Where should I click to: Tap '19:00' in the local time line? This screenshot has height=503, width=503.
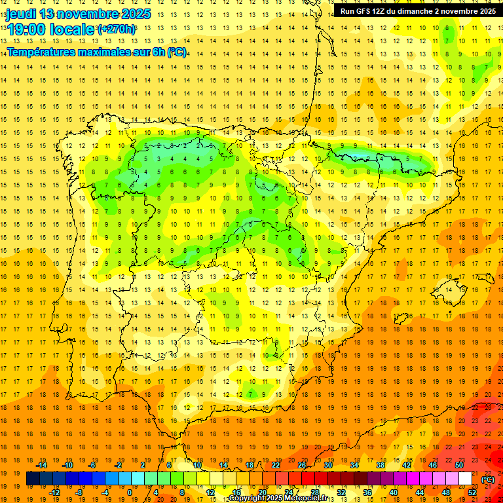point(26,29)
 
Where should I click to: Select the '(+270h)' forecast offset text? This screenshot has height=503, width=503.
point(117,29)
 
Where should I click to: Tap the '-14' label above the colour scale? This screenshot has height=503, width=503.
point(42,465)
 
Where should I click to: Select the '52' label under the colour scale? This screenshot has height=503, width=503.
point(472,493)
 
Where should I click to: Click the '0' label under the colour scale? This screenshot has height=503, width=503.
point(129,493)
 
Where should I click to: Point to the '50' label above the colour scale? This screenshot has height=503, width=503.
point(459,465)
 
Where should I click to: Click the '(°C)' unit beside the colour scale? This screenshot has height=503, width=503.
point(488,479)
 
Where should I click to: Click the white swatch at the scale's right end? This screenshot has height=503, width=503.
point(466,479)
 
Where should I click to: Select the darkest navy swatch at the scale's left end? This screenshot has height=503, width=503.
point(33,479)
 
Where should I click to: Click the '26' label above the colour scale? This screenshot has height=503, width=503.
point(301,465)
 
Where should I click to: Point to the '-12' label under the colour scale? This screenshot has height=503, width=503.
point(55,493)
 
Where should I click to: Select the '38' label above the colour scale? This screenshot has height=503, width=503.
point(380,465)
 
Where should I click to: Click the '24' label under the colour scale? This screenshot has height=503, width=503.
point(288,493)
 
